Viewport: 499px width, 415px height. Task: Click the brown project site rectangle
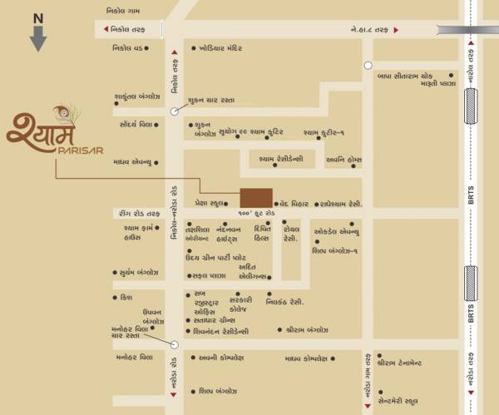click(255, 197)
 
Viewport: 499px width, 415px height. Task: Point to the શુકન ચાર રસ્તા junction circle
click(174, 111)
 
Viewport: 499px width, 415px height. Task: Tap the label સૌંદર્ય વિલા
click(134, 124)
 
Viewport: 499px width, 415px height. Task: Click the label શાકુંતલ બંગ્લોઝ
click(136, 96)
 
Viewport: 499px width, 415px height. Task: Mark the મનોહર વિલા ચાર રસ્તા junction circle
click(174, 343)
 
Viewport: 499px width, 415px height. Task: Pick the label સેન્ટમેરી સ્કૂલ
click(409, 400)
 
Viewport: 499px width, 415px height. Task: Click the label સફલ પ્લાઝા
click(209, 274)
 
